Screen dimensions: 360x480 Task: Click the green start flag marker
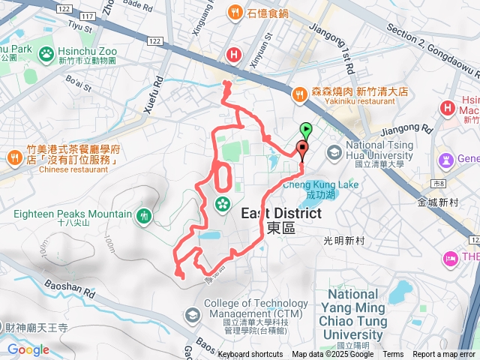coord(306,129)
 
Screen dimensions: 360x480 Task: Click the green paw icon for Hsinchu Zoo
coord(46,54)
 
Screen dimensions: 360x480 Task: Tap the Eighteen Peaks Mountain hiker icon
coord(144,217)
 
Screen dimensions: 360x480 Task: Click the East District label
coord(281,214)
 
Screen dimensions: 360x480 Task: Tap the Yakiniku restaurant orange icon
coord(300,94)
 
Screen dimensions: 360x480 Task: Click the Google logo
coord(28,349)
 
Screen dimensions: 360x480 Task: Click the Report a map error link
coord(445,355)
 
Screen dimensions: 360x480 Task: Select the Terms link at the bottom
coord(393,355)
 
